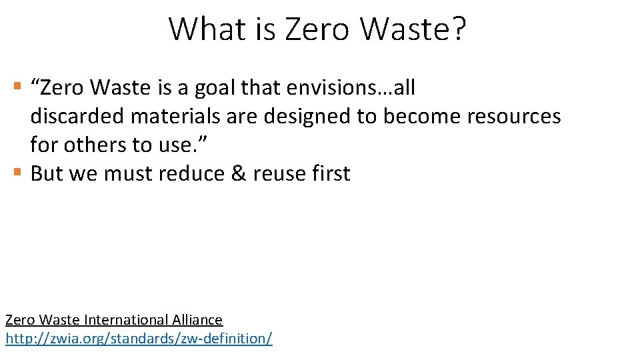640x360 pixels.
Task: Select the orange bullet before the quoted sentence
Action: click(x=18, y=87)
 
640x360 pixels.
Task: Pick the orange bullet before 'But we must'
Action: click(x=18, y=173)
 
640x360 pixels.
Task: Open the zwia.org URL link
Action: click(x=139, y=338)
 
